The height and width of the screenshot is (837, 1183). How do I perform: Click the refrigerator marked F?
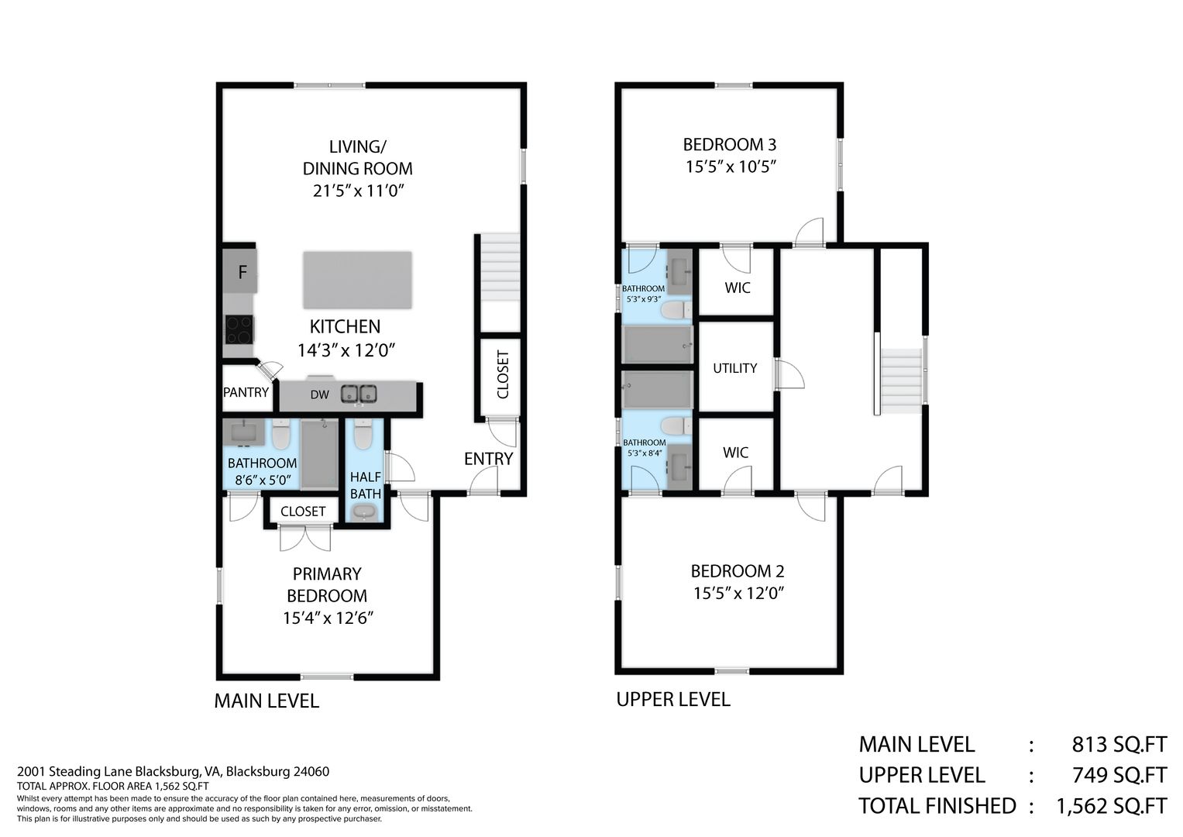pos(239,271)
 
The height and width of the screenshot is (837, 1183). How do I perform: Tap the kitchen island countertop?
pos(358,280)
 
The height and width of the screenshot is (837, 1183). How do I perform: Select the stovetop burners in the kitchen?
pos(239,329)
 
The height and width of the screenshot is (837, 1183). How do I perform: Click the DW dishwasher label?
pos(319,394)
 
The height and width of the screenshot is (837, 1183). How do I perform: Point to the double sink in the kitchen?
pos(359,394)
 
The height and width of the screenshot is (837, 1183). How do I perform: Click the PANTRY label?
pos(246,392)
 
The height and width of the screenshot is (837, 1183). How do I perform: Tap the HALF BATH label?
pos(366,485)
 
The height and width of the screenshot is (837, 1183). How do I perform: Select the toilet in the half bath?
pos(363,434)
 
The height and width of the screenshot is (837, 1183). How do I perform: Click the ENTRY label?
pos(489,459)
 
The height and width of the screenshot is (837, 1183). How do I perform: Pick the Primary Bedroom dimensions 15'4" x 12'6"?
pos(328,618)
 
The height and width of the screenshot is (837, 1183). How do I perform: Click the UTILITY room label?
pos(734,368)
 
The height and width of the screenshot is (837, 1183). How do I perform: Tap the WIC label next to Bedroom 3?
pos(738,288)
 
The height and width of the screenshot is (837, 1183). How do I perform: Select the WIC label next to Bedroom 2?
pos(736,453)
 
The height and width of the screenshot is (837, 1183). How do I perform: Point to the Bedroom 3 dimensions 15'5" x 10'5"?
pos(731,167)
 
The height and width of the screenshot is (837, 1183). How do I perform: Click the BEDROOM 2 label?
pos(738,570)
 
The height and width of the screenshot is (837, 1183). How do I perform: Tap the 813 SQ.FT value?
pos(1119,744)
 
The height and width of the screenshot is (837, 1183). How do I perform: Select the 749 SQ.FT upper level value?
pos(1119,775)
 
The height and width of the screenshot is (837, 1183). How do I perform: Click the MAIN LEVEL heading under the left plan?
pos(267,701)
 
